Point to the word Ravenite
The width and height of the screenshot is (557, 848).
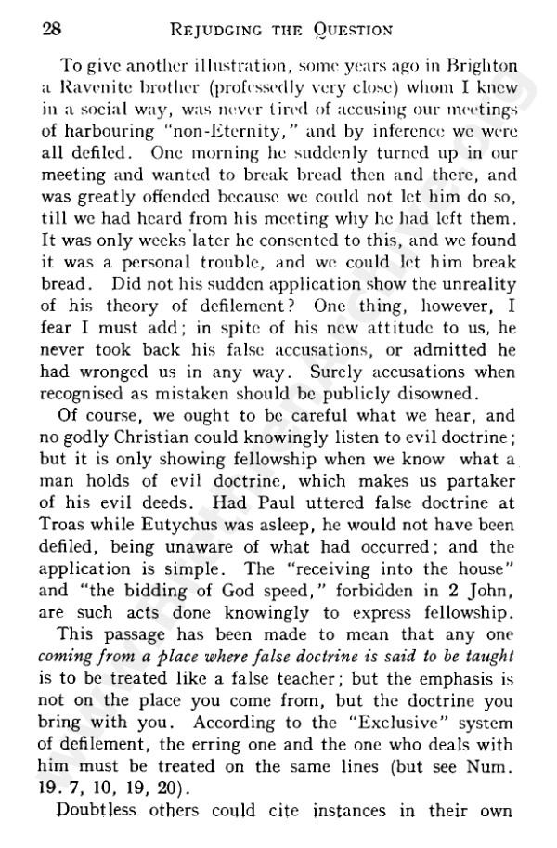point(97,88)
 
